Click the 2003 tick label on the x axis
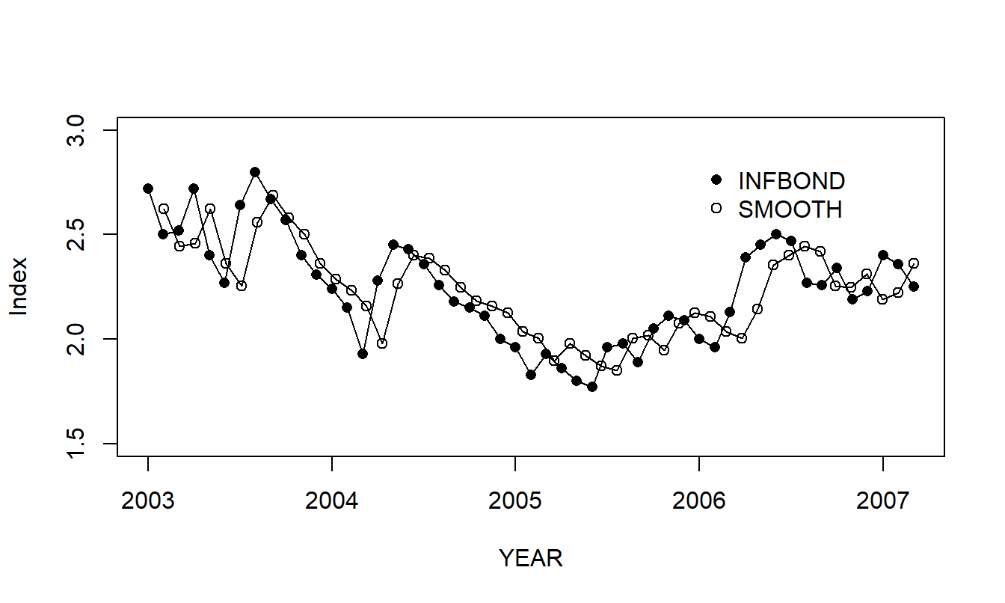point(147,500)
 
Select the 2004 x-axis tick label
point(331,500)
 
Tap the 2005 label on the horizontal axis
point(514,500)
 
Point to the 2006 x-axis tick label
point(698,500)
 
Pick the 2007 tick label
point(882,500)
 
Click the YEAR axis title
point(531,558)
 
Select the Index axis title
point(19,287)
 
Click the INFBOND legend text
point(791,181)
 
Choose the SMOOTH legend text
point(790,210)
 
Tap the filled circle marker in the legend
point(716,180)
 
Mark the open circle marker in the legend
point(716,209)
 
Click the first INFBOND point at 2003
point(148,189)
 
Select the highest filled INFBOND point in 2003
point(255,172)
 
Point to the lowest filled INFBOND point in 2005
point(592,387)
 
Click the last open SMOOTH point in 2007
point(914,263)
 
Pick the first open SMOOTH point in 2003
point(164,209)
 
